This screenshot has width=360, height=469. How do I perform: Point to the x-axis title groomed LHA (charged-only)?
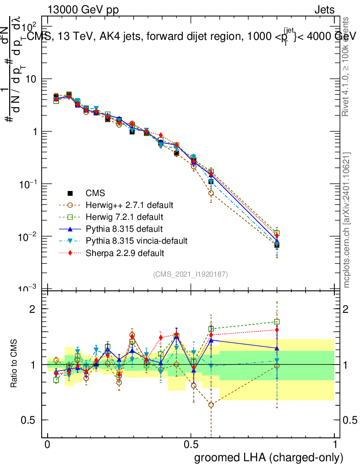tap(269, 457)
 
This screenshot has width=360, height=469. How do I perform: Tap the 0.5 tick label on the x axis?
tap(191, 445)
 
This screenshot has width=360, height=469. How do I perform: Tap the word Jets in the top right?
tap(324, 10)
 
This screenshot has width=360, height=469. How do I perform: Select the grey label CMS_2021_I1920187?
tap(191, 274)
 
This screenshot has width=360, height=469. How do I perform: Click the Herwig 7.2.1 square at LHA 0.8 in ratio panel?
tap(277, 322)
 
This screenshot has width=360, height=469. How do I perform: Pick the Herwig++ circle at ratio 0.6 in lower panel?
tap(211, 405)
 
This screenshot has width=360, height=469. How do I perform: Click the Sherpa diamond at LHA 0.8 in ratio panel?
tap(277, 330)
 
